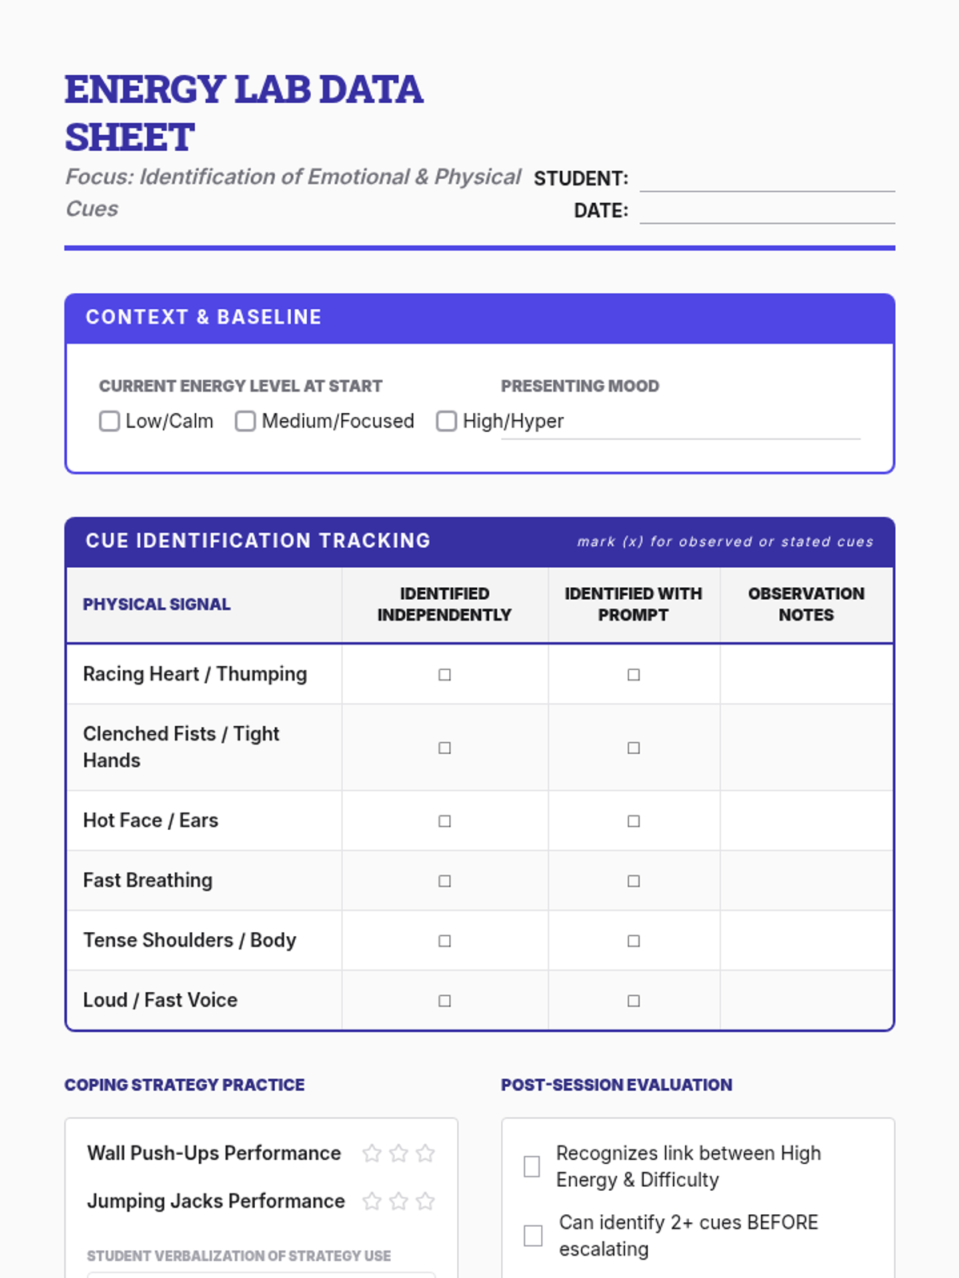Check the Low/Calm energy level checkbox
(109, 421)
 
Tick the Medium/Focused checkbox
(245, 421)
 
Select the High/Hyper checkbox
(446, 421)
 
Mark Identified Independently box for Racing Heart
(444, 675)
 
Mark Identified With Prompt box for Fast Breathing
(634, 881)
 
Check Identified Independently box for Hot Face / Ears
(444, 821)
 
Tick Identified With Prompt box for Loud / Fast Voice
(634, 1001)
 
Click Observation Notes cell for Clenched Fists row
(806, 748)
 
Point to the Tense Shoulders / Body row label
(189, 940)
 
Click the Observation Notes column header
(806, 604)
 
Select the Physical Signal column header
(157, 605)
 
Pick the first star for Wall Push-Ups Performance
(372, 1153)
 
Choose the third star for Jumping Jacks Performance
(425, 1201)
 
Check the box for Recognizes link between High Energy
(531, 1167)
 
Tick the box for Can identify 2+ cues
(533, 1236)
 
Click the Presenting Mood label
(579, 386)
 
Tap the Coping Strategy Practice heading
(185, 1085)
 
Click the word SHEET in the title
(130, 137)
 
